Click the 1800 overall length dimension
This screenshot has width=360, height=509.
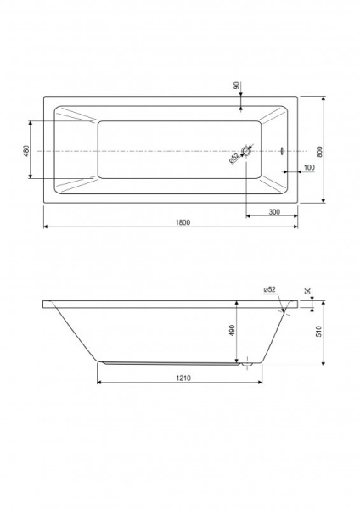[183, 222]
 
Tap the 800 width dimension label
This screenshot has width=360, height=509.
[319, 151]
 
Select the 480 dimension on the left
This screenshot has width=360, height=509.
[26, 150]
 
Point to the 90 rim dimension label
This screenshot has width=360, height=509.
[237, 86]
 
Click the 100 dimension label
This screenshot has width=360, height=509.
[309, 167]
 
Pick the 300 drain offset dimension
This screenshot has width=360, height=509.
[274, 211]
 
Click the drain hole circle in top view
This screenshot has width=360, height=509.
[246, 151]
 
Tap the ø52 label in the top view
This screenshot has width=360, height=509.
[234, 158]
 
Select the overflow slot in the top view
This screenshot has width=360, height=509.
[282, 151]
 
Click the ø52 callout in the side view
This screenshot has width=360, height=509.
[270, 289]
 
